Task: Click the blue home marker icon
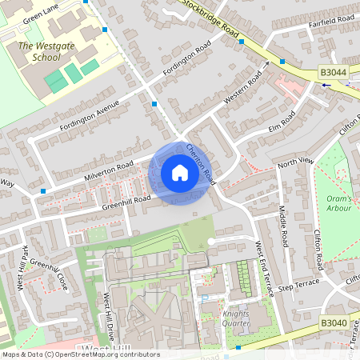pyautogui.click(x=180, y=173)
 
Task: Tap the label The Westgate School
pyautogui.click(x=38, y=52)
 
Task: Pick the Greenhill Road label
pyautogui.click(x=126, y=201)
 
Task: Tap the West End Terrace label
pyautogui.click(x=265, y=267)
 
